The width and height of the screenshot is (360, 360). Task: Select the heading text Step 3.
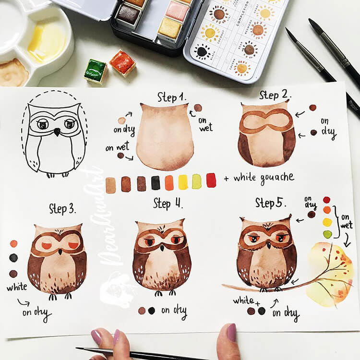click(x=62, y=208)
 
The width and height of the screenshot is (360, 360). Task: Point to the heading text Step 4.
click(x=168, y=203)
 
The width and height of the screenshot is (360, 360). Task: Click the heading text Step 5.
click(x=271, y=203)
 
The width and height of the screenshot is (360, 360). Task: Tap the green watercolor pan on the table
click(x=96, y=70)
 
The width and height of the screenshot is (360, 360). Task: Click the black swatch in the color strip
click(x=156, y=183)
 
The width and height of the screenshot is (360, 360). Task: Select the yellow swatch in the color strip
click(x=183, y=182)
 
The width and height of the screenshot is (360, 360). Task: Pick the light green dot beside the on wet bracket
click(x=327, y=234)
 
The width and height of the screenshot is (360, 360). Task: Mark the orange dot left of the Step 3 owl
click(x=13, y=243)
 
